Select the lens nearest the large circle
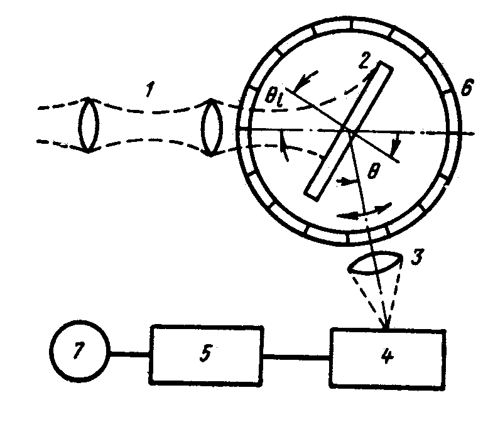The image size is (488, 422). pos(213,128)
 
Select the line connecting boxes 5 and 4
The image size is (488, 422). pos(296,358)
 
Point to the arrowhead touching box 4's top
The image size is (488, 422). pos(386,325)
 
